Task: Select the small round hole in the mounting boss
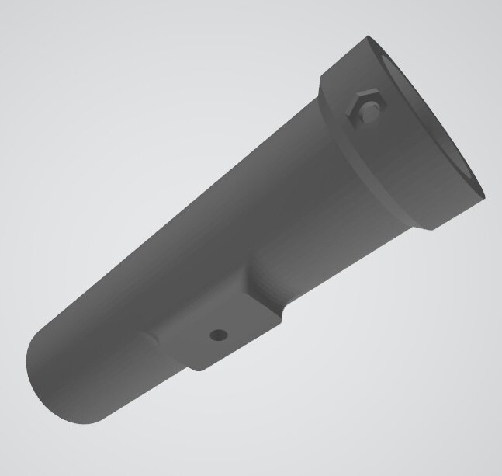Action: coord(219,335)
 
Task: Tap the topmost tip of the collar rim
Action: coord(371,36)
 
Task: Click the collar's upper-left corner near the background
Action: coord(323,78)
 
